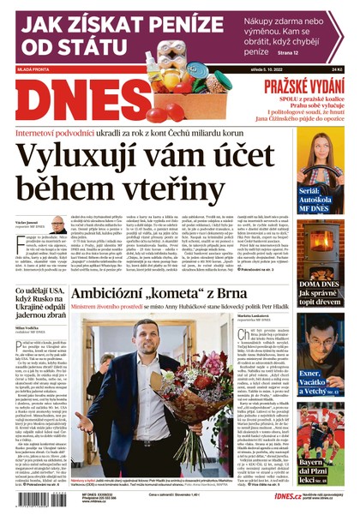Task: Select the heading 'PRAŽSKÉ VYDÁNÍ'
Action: click(303, 86)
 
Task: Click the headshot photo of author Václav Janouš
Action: click(57, 225)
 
